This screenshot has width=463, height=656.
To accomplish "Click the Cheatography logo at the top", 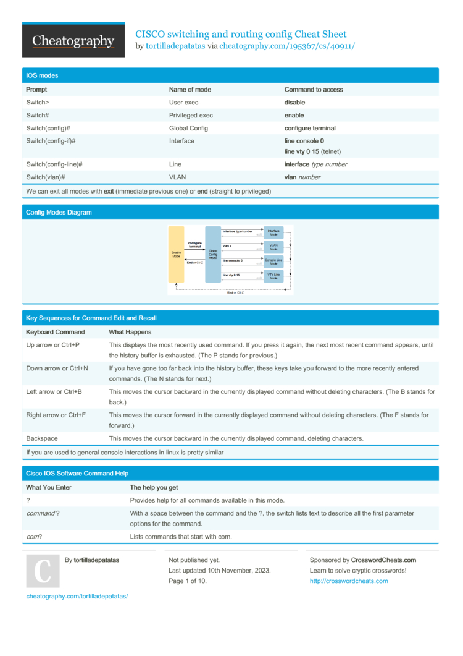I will point(73,41).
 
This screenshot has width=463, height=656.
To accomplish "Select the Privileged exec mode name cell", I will point(191,116).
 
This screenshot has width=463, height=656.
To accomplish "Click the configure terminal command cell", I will point(310,129).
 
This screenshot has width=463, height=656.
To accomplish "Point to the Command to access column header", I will point(314,90).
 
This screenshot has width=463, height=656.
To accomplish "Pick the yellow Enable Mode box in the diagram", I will point(176,254).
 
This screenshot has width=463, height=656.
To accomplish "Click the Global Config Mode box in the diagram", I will point(213,254).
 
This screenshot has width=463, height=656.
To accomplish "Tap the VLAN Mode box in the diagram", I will point(273,247).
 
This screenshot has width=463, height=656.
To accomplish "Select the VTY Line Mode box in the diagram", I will point(273,275).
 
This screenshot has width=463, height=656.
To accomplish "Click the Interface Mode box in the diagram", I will point(273,233).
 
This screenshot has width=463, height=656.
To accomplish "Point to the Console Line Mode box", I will point(273,262).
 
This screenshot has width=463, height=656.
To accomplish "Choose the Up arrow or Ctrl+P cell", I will point(52,344).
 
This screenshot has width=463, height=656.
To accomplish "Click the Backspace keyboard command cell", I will point(42,438).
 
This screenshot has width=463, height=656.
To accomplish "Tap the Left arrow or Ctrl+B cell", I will point(54,391).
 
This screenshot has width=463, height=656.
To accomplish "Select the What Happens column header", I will point(130,332).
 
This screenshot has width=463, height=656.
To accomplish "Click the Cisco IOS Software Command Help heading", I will point(77,474).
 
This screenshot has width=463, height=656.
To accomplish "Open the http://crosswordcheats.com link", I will point(349,581).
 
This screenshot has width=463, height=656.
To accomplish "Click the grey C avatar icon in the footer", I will point(43,571).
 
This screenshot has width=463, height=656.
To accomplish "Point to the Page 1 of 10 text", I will point(188,581).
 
